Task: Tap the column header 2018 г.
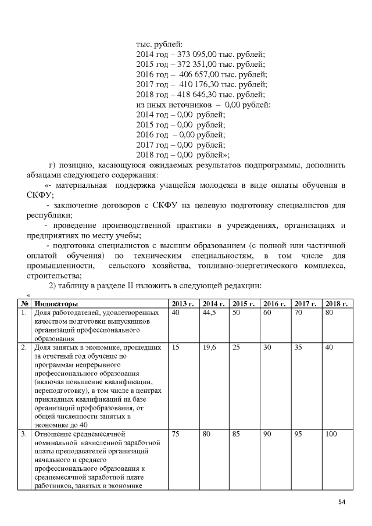(x=337, y=303)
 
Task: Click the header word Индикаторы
(x=56, y=303)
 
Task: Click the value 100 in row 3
(x=331, y=433)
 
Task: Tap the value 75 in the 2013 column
(x=177, y=433)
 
